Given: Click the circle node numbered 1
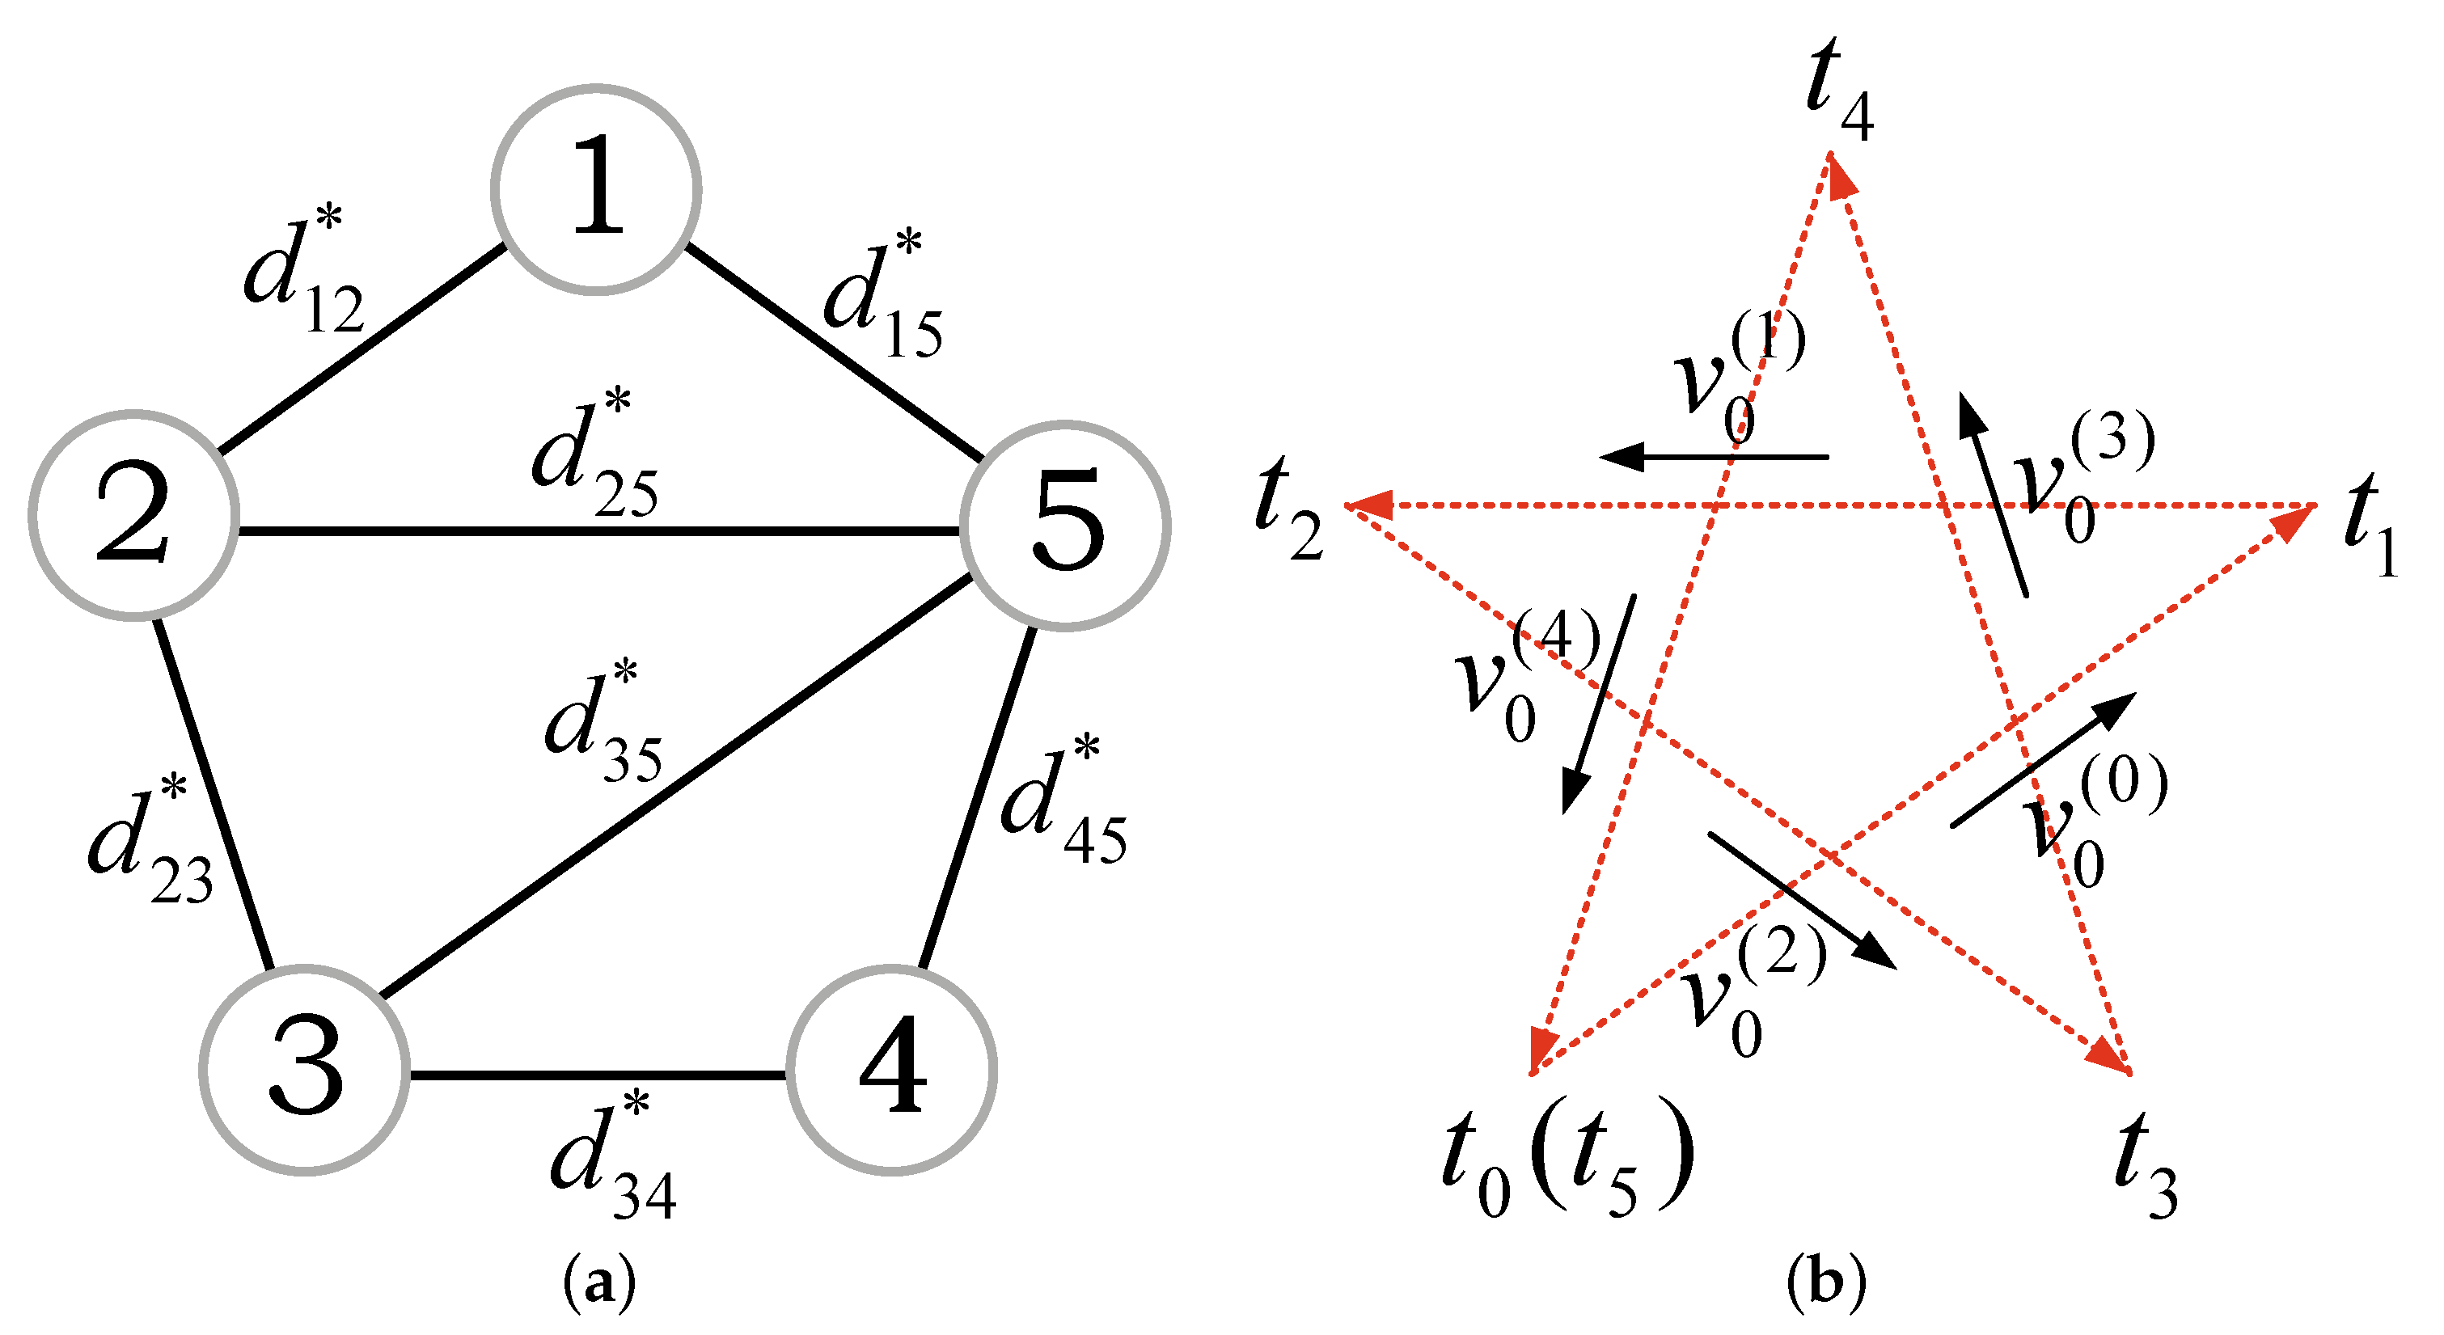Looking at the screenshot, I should pyautogui.click(x=596, y=190).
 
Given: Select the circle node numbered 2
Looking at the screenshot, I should pyautogui.click(x=133, y=515).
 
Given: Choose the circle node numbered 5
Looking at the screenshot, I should pyautogui.click(x=1064, y=525).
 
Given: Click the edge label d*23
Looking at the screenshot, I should pyautogui.click(x=150, y=842).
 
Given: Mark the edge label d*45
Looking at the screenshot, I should pyautogui.click(x=1063, y=802).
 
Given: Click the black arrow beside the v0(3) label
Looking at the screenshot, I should pyautogui.click(x=1994, y=494).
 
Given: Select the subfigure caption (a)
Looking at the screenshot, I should pyautogui.click(x=598, y=1282).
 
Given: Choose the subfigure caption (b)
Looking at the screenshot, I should pyautogui.click(x=1825, y=1282).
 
